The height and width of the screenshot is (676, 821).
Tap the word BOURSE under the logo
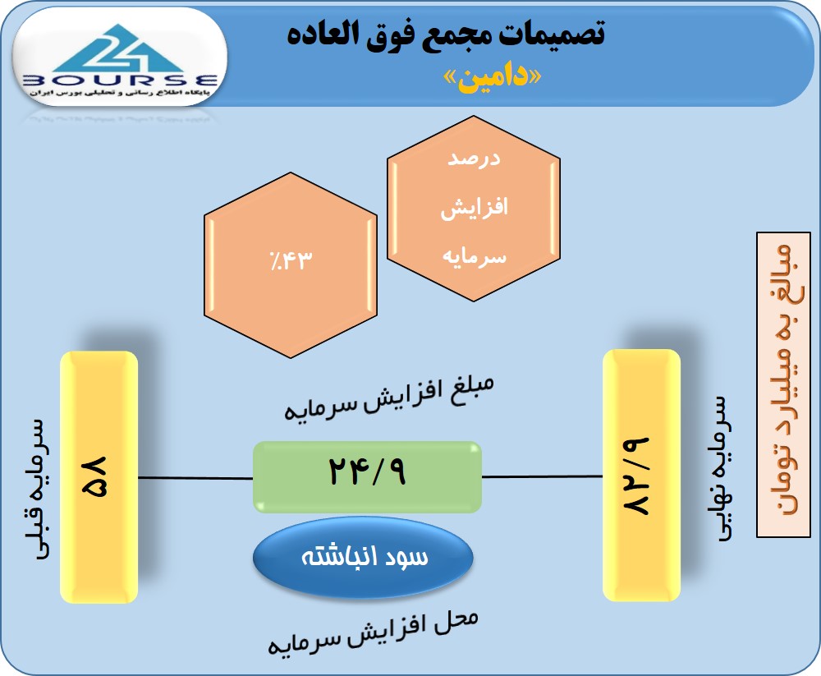[x=120, y=80]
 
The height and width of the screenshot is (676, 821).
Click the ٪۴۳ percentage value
[x=291, y=260]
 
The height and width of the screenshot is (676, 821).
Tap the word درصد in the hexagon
[x=474, y=159]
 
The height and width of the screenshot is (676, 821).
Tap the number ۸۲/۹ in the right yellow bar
[x=635, y=476]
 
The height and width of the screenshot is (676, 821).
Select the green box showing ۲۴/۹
[x=367, y=477]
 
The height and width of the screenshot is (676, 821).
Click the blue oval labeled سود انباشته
[x=364, y=557]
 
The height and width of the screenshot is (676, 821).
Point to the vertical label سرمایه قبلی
[x=39, y=489]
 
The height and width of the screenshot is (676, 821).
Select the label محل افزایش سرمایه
[x=373, y=632]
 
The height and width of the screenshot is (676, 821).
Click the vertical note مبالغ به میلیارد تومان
[x=784, y=385]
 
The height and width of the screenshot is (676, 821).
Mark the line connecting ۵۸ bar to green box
[x=196, y=478]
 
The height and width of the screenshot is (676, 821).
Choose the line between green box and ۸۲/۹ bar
[x=542, y=477]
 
